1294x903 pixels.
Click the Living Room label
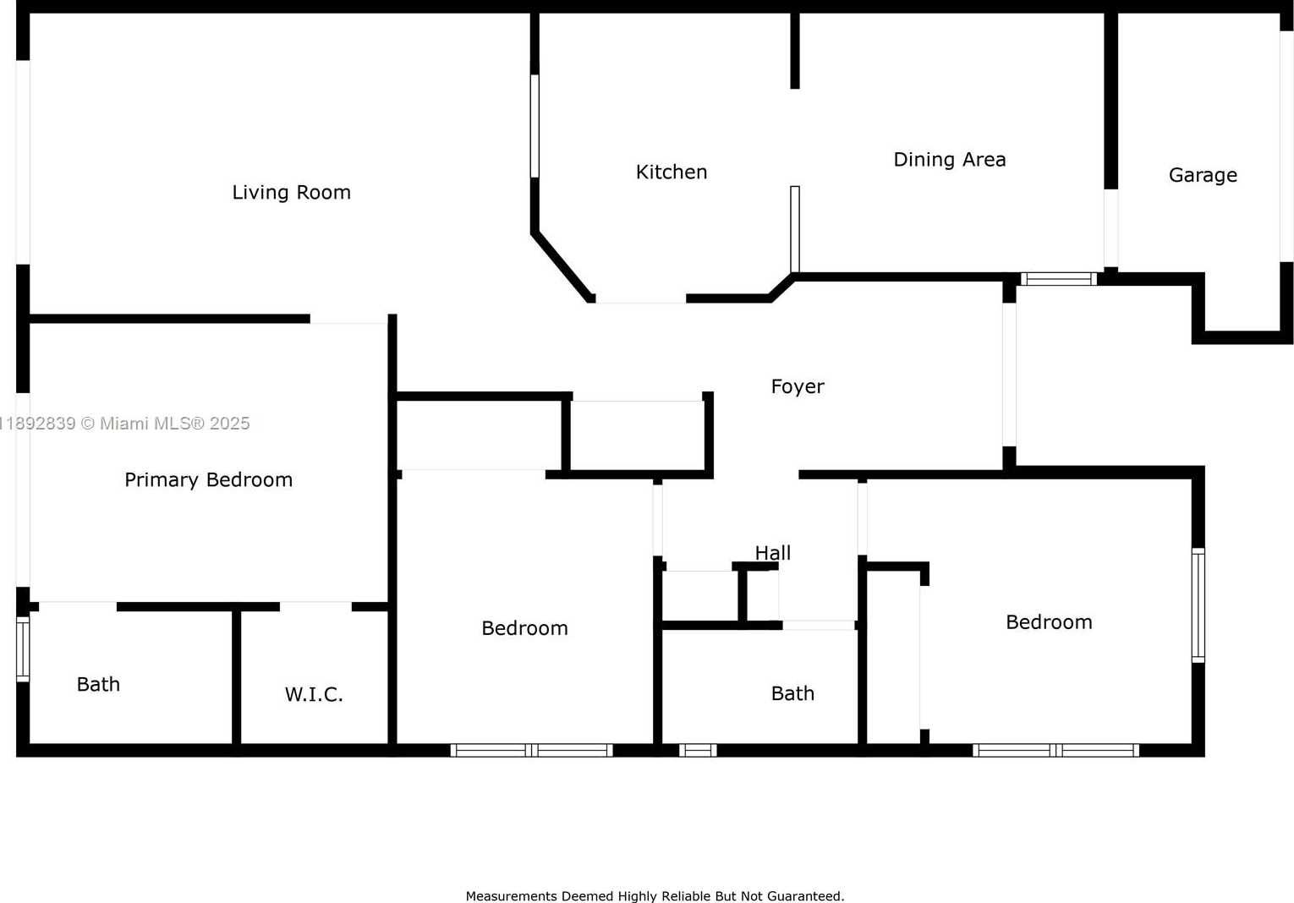click(x=291, y=192)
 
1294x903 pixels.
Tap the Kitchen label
click(x=672, y=172)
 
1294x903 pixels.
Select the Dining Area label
click(x=949, y=159)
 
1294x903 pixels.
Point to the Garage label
click(x=1203, y=175)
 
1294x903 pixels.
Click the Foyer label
click(x=798, y=386)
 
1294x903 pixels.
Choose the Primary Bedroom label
click(x=209, y=479)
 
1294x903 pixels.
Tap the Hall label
click(x=773, y=553)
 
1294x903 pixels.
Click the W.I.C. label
click(x=314, y=694)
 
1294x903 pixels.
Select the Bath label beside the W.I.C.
click(x=98, y=684)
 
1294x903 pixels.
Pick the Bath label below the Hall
click(x=792, y=692)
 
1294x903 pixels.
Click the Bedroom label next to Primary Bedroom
click(x=524, y=627)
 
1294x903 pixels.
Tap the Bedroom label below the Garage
click(x=1049, y=621)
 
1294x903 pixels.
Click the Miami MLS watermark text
click(x=125, y=424)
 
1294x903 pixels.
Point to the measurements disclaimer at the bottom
click(x=655, y=895)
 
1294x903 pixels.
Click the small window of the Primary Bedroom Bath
click(x=23, y=649)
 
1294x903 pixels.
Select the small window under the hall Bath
click(x=697, y=750)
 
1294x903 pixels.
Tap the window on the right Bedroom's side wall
click(x=1198, y=605)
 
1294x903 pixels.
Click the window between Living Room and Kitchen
click(x=535, y=126)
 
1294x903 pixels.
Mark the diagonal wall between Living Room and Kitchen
click(x=562, y=266)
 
